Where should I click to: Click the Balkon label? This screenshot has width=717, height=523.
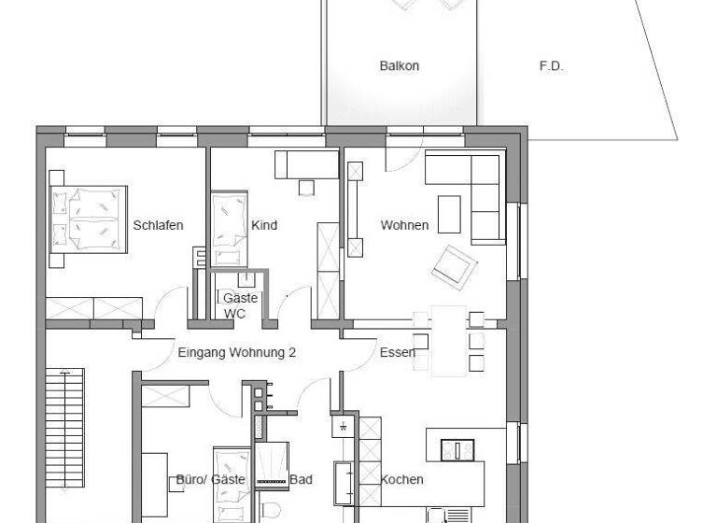(x=399, y=66)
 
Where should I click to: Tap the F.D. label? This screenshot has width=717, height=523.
(x=552, y=66)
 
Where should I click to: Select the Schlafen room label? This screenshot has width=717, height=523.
(x=158, y=225)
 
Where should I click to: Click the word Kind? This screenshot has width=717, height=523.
(x=264, y=225)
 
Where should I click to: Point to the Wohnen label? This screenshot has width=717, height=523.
(x=404, y=225)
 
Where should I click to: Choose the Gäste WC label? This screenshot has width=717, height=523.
(x=234, y=305)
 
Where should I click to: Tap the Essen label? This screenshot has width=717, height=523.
(x=397, y=353)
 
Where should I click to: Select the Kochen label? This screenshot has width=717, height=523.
(x=401, y=480)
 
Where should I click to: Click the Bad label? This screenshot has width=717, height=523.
(x=301, y=480)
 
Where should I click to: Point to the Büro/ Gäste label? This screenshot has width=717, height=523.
(x=210, y=480)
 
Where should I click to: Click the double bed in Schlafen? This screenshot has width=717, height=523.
(x=88, y=218)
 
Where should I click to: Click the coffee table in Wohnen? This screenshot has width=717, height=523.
(x=449, y=213)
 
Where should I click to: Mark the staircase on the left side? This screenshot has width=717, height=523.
(x=65, y=428)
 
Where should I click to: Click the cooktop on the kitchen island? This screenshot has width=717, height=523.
(x=457, y=449)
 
